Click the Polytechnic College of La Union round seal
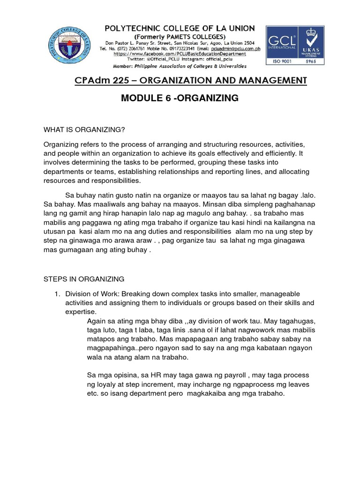(71, 45)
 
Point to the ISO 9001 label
(281, 61)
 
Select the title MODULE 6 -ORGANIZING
(180, 98)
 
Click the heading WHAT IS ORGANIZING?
(84, 129)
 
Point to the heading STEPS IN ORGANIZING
(84, 279)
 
